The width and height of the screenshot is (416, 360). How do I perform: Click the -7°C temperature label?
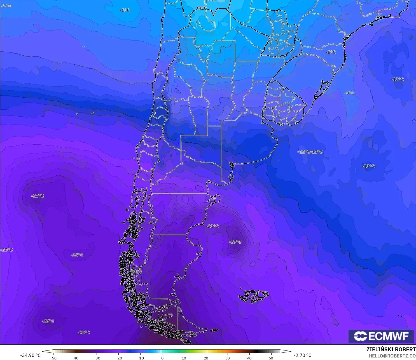[6, 6]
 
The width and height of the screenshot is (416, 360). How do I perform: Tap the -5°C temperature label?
[125, 10]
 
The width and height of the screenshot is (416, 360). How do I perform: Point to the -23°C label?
[212, 226]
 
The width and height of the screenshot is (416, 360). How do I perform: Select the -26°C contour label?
[77, 255]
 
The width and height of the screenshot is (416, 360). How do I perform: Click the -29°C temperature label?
[48, 321]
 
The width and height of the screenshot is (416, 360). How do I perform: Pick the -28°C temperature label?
[83, 332]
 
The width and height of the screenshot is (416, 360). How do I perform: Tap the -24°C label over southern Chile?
[136, 271]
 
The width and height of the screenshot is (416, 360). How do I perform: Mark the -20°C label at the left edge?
[7, 250]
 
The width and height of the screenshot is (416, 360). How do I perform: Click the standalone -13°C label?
[368, 166]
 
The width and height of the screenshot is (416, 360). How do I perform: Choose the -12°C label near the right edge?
[397, 79]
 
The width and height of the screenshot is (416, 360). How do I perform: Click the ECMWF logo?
[381, 336]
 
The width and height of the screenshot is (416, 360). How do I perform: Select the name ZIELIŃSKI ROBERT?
[391, 349]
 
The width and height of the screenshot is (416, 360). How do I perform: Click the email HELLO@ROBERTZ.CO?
[392, 356]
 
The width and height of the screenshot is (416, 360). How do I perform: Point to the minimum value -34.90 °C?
[30, 355]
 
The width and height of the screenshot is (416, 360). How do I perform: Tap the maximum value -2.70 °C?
[302, 355]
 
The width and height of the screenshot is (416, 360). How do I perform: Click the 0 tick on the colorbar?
[162, 358]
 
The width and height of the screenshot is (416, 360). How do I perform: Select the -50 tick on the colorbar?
[53, 358]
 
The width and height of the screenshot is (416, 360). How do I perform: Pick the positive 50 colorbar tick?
[271, 358]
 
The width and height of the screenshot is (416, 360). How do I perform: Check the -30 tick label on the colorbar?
[97, 358]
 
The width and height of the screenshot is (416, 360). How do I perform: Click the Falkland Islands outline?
[253, 296]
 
